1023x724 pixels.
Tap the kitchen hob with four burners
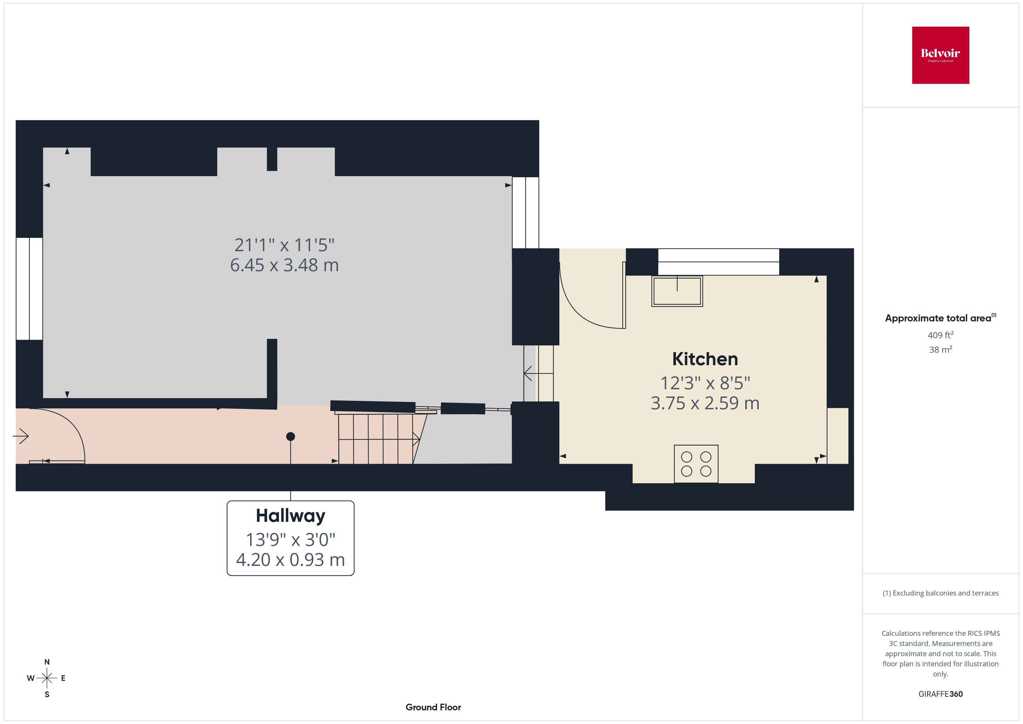click(x=696, y=464)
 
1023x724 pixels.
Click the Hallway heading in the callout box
click(x=291, y=516)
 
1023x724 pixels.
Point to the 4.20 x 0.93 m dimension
click(x=291, y=560)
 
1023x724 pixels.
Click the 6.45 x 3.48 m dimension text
click(x=284, y=265)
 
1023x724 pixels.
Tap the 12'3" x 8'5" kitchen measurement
click(x=705, y=383)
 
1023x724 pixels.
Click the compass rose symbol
click(x=47, y=678)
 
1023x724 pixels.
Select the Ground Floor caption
click(x=433, y=707)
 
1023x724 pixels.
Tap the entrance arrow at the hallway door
click(x=21, y=436)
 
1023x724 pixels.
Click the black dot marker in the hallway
click(x=291, y=437)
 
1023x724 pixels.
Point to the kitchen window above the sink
click(x=718, y=262)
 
